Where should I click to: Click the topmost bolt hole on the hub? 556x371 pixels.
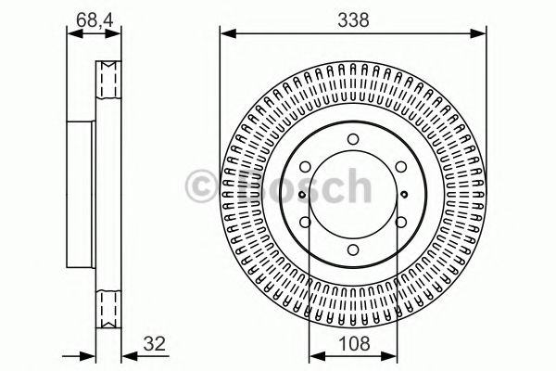click(x=353, y=142)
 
